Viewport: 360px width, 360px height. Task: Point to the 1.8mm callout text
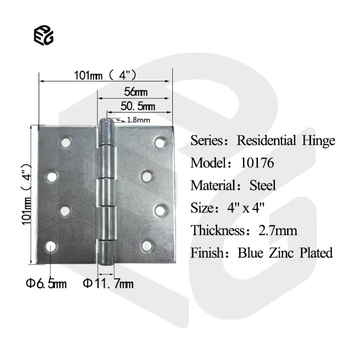coord(138,120)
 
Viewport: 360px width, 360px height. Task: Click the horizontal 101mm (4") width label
coord(105,76)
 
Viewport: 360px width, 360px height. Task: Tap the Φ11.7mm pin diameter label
coord(108,283)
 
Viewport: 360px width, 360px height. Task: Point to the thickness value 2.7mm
coord(277,230)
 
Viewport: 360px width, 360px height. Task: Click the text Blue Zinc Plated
coord(285,253)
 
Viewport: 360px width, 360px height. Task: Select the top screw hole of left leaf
coord(65,143)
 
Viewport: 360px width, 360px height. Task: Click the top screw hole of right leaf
coord(160,142)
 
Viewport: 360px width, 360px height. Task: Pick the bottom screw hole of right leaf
coord(147,245)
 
